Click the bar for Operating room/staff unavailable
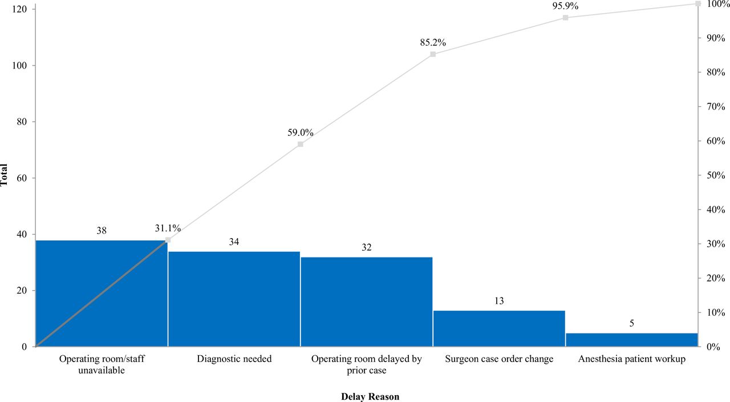tap(102, 294)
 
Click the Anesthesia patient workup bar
tap(631, 339)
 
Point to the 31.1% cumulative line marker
tap(168, 240)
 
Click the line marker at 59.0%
tap(300, 144)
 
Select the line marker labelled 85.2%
tap(433, 54)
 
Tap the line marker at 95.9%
tap(565, 18)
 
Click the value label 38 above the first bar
tap(102, 231)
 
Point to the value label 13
tap(499, 301)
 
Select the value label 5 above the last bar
tap(631, 324)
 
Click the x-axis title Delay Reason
tap(370, 396)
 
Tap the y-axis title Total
tap(5, 175)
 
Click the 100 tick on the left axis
tap(21, 66)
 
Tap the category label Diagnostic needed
tap(234, 359)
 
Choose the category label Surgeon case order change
tap(499, 359)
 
